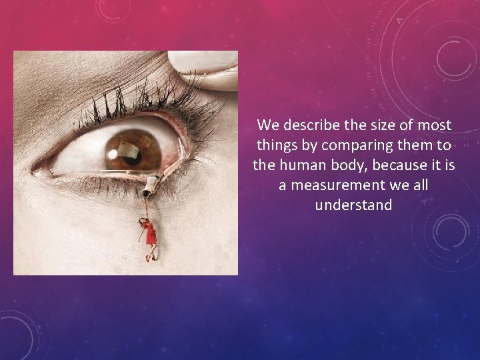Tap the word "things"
275,145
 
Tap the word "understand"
353,205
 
